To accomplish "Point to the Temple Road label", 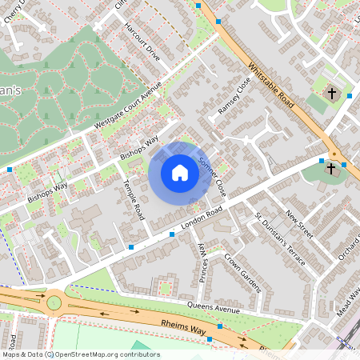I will [133, 199].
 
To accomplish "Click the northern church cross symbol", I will [331, 94].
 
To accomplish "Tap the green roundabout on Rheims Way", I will [54, 302].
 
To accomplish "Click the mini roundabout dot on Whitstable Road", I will [334, 154].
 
